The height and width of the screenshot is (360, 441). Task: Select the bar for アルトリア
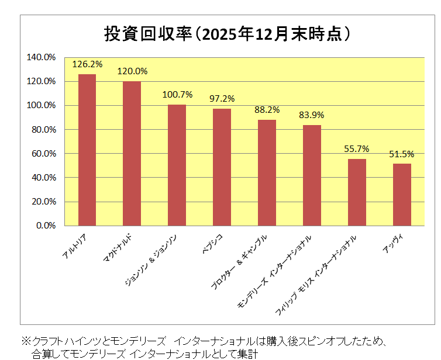87,150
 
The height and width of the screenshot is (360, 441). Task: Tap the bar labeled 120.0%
132,153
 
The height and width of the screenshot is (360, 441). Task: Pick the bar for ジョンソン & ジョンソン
177,165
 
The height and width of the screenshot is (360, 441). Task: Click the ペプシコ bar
222,167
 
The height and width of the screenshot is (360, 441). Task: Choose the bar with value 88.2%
267,172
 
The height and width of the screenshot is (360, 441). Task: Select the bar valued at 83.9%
312,175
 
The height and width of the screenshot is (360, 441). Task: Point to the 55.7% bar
357,192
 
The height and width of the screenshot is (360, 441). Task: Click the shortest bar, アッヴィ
402,195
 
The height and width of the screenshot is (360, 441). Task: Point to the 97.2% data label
222,98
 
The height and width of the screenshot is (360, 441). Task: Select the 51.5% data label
402,154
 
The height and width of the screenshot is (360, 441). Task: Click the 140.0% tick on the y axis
41,57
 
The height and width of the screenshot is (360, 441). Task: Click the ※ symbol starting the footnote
26,340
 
